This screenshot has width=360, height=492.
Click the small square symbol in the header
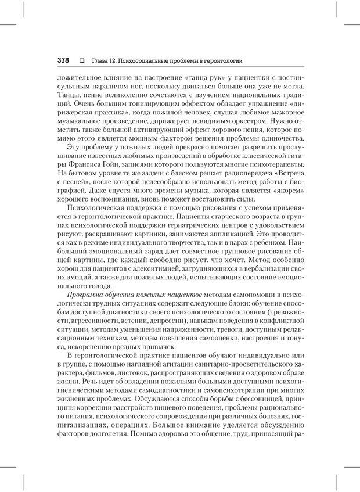click(x=82, y=60)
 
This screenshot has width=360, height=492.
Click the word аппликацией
click(x=236, y=237)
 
